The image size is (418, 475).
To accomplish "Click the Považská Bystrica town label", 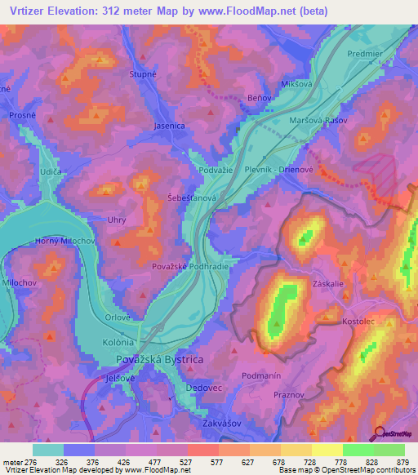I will click(x=159, y=359).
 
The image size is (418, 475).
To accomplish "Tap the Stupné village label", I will click(x=143, y=74).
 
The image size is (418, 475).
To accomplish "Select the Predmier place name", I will click(x=364, y=54).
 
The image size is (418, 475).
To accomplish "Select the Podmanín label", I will click(x=263, y=375).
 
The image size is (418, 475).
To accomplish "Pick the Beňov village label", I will click(x=258, y=97).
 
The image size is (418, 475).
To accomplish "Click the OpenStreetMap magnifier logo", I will click(x=377, y=433).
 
